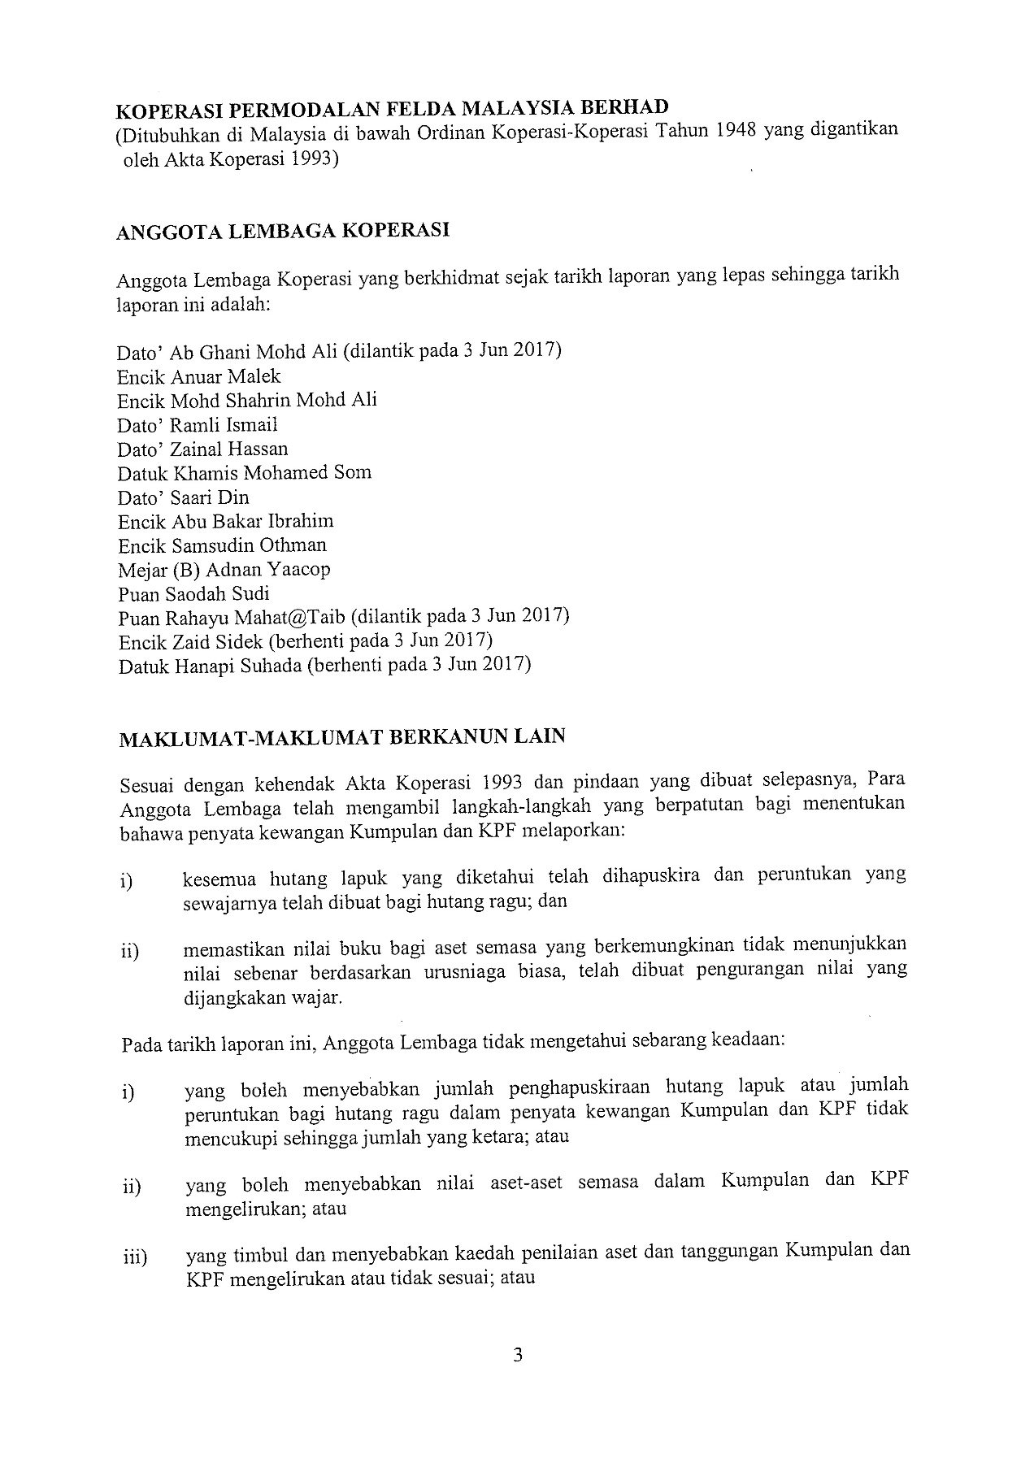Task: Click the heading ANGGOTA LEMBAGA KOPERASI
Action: (283, 231)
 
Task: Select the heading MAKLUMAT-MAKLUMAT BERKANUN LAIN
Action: (341, 739)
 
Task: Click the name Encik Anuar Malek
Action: (199, 376)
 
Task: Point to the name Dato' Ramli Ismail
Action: (198, 424)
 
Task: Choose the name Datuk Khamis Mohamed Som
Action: (244, 473)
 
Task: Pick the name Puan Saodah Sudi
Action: (193, 593)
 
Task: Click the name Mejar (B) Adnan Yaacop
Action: (224, 569)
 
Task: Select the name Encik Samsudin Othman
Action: (222, 545)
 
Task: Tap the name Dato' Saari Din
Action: (183, 497)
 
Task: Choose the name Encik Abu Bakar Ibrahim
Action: (225, 521)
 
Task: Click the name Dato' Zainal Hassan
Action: (202, 449)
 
